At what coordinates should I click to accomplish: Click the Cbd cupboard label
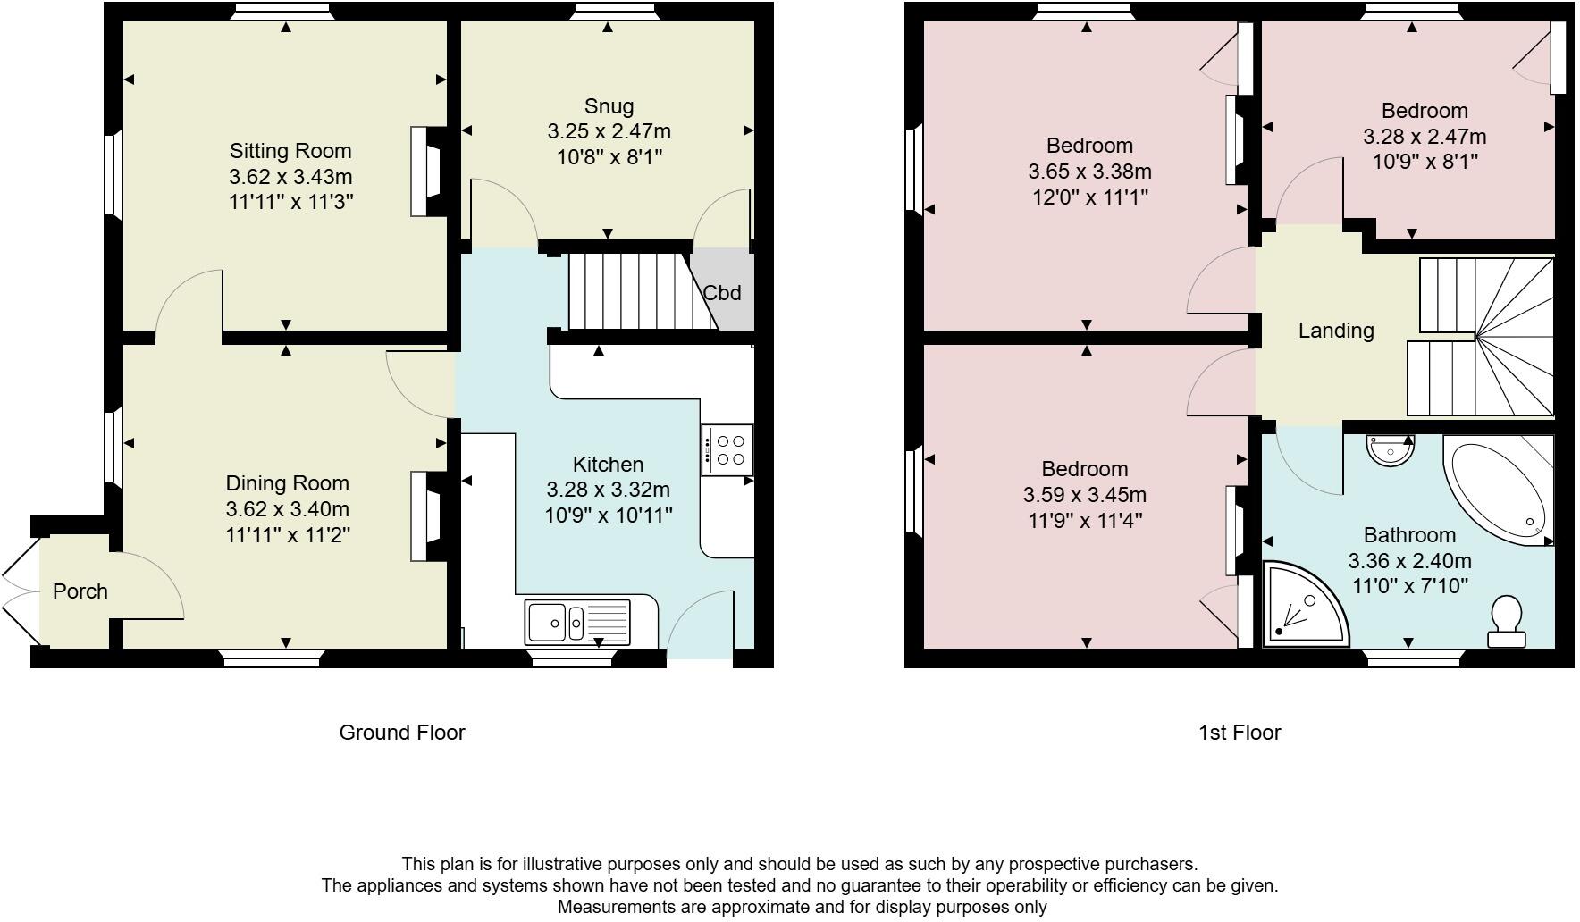(721, 292)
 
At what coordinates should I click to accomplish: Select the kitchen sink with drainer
(577, 621)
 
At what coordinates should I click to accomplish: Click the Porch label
(80, 591)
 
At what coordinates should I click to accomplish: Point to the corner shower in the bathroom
(1300, 605)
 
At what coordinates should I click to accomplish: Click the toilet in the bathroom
(1507, 622)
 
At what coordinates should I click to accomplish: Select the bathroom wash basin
(1391, 448)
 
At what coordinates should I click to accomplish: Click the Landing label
(1335, 331)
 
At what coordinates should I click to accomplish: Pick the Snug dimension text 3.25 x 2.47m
(609, 132)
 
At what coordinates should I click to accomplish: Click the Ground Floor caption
(402, 733)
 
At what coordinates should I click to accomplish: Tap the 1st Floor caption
(1239, 733)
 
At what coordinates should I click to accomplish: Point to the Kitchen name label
(608, 465)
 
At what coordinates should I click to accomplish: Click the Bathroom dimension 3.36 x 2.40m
(1408, 561)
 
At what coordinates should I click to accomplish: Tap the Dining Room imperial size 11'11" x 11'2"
(287, 535)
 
